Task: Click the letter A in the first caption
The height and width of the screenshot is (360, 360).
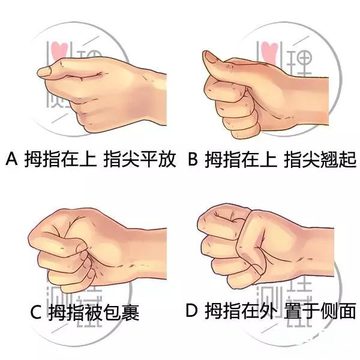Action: (x=12, y=158)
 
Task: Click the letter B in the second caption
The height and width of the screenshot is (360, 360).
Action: (x=193, y=158)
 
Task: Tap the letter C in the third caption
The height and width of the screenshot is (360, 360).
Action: (x=36, y=312)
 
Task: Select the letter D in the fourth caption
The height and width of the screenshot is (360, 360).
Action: (x=191, y=310)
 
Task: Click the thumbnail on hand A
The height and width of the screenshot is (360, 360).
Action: (x=45, y=71)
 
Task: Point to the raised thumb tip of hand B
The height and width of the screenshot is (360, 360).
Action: (x=208, y=56)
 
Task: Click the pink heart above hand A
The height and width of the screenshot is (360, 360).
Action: (x=59, y=50)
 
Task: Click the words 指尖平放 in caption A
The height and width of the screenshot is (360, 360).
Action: (x=140, y=158)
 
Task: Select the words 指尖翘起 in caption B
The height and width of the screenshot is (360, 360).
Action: (x=320, y=158)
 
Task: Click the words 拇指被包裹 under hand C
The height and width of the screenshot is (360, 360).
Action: (x=94, y=312)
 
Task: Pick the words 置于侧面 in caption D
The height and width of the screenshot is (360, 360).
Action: (x=320, y=310)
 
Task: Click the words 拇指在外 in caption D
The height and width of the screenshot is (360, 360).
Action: (x=239, y=310)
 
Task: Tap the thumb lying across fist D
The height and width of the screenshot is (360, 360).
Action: (x=251, y=244)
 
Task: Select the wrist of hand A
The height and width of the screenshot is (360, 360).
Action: (x=152, y=99)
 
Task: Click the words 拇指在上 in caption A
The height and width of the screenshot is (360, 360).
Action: (x=61, y=158)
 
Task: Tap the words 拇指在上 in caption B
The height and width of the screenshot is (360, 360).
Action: (x=241, y=158)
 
